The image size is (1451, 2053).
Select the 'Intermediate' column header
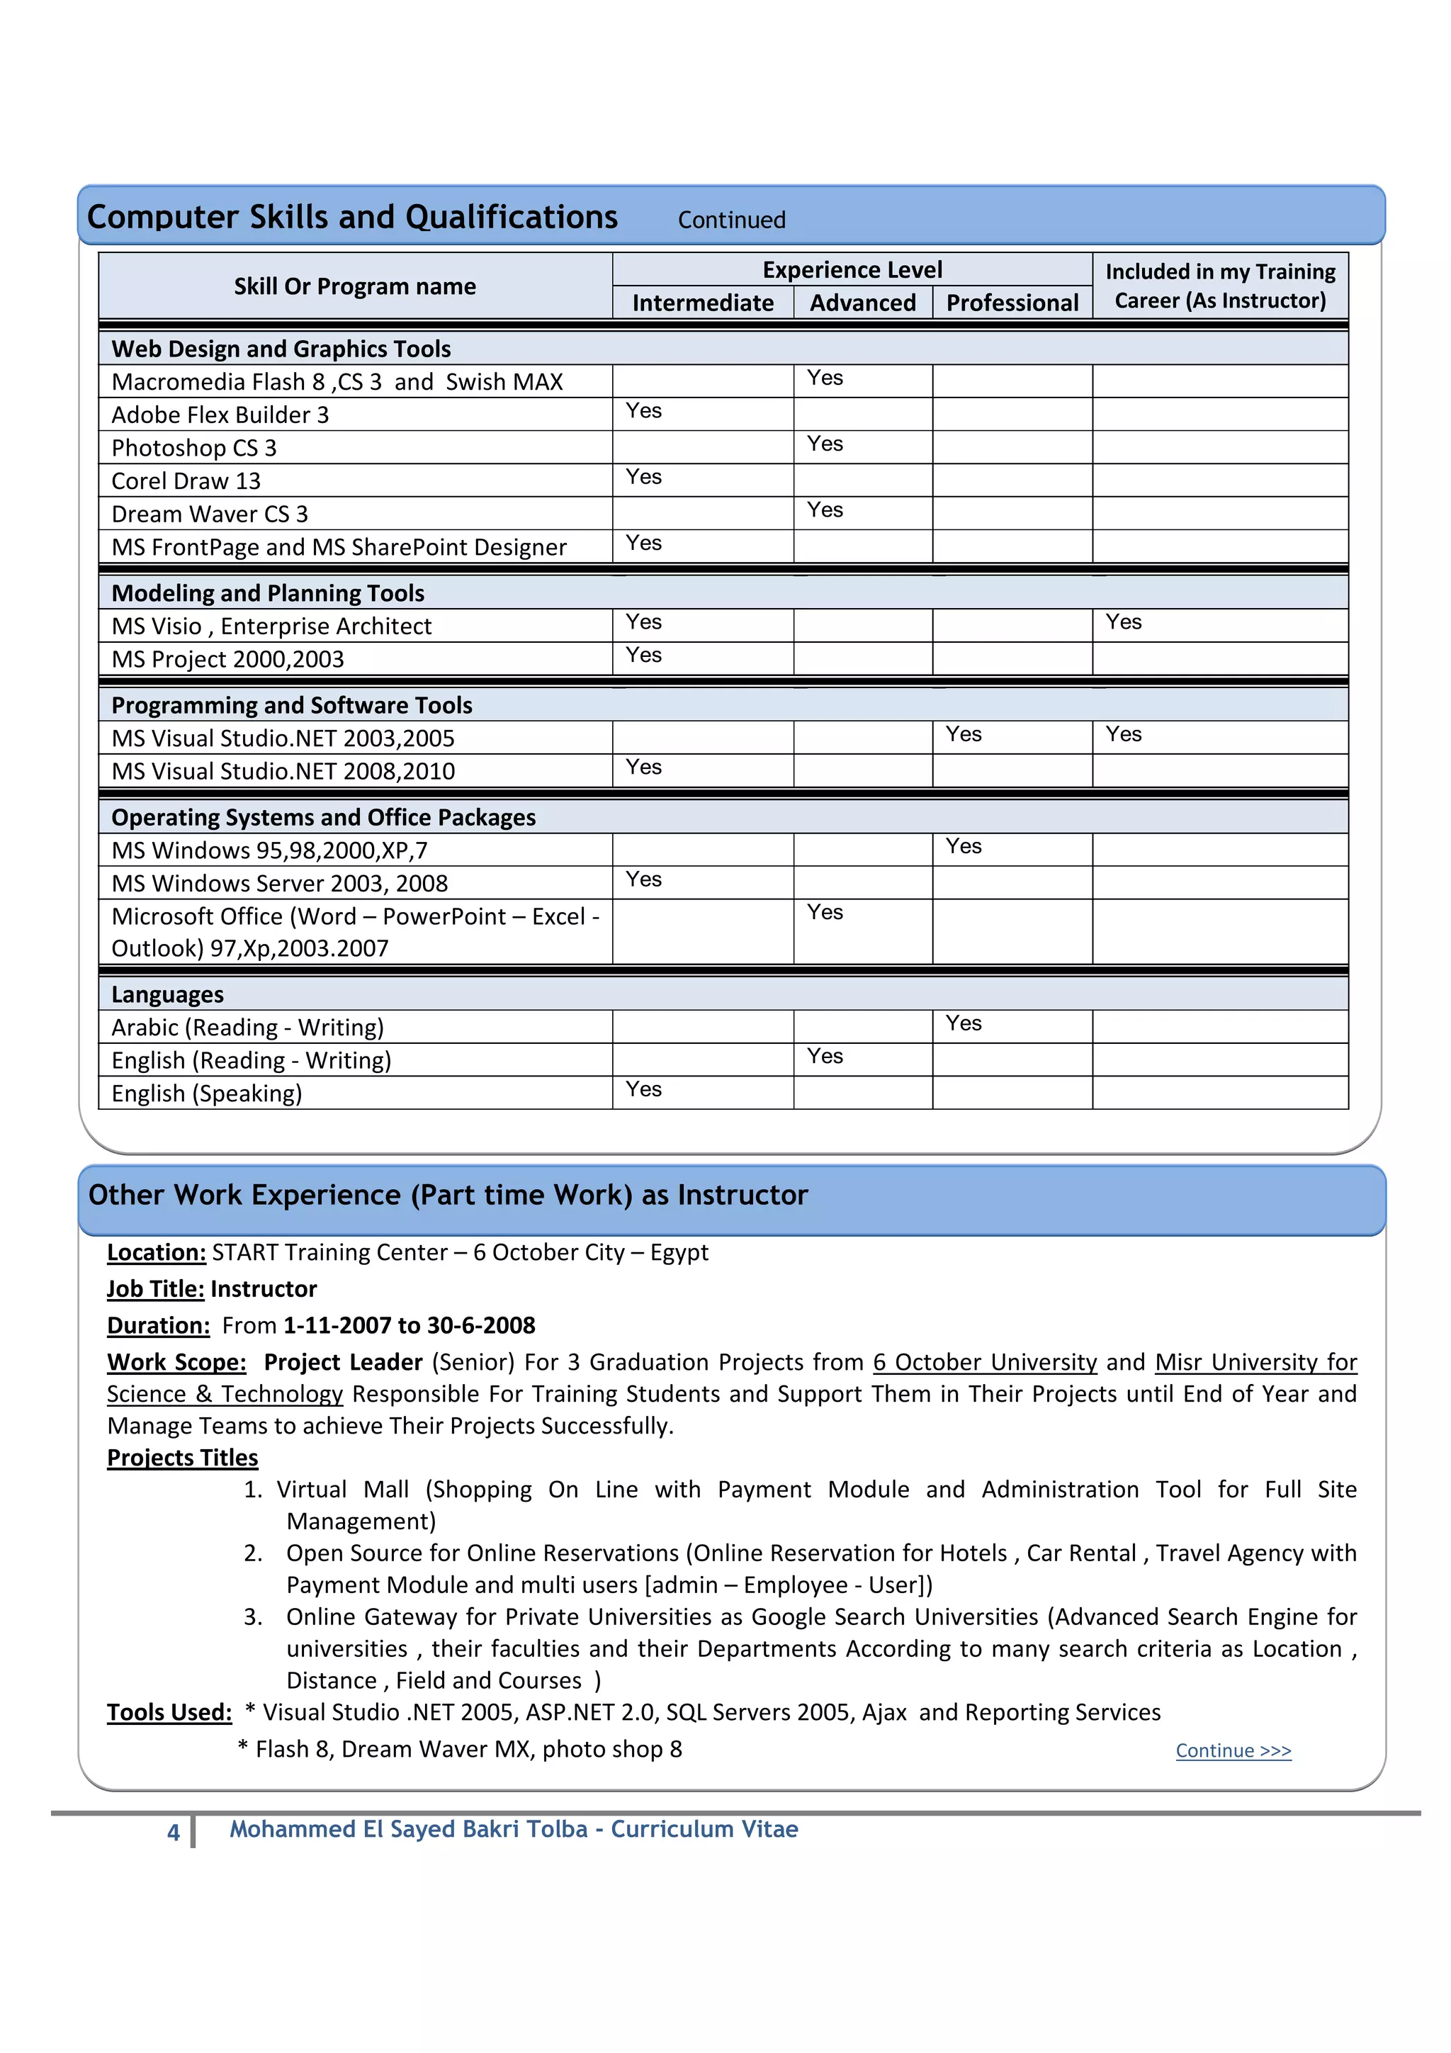703,303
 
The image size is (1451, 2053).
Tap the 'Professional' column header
1012,303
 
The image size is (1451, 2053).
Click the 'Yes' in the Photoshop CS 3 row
824,444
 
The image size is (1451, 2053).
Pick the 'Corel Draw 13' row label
186,481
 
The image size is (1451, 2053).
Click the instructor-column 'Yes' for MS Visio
1123,621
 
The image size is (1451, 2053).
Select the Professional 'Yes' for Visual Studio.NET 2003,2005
963,734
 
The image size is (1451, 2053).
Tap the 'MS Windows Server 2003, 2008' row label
279,884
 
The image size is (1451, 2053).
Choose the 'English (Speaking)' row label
206,1093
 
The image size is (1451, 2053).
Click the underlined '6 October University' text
984,1362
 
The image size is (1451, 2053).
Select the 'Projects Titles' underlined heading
182,1458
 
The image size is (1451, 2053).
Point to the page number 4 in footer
174,1832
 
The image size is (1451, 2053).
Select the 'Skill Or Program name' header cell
354,286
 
